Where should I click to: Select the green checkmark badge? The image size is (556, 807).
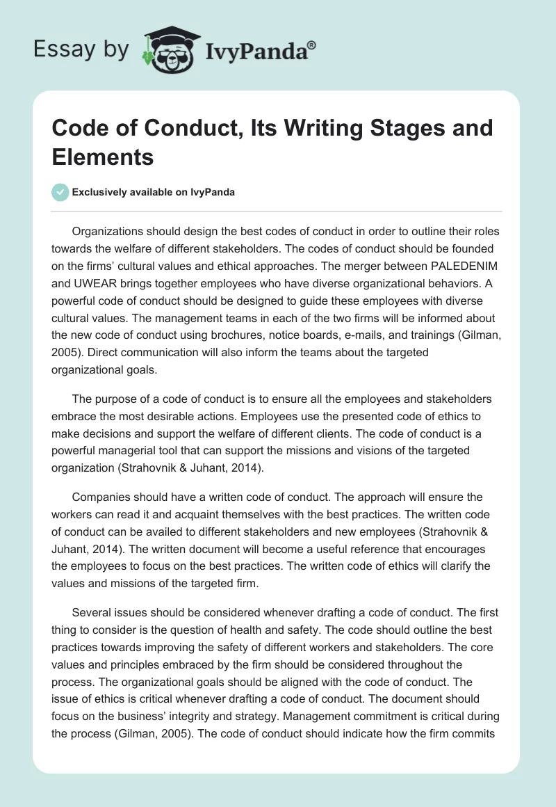pyautogui.click(x=60, y=192)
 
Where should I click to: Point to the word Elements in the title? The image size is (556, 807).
pyautogui.click(x=103, y=157)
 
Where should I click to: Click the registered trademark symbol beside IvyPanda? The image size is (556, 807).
pyautogui.click(x=312, y=44)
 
